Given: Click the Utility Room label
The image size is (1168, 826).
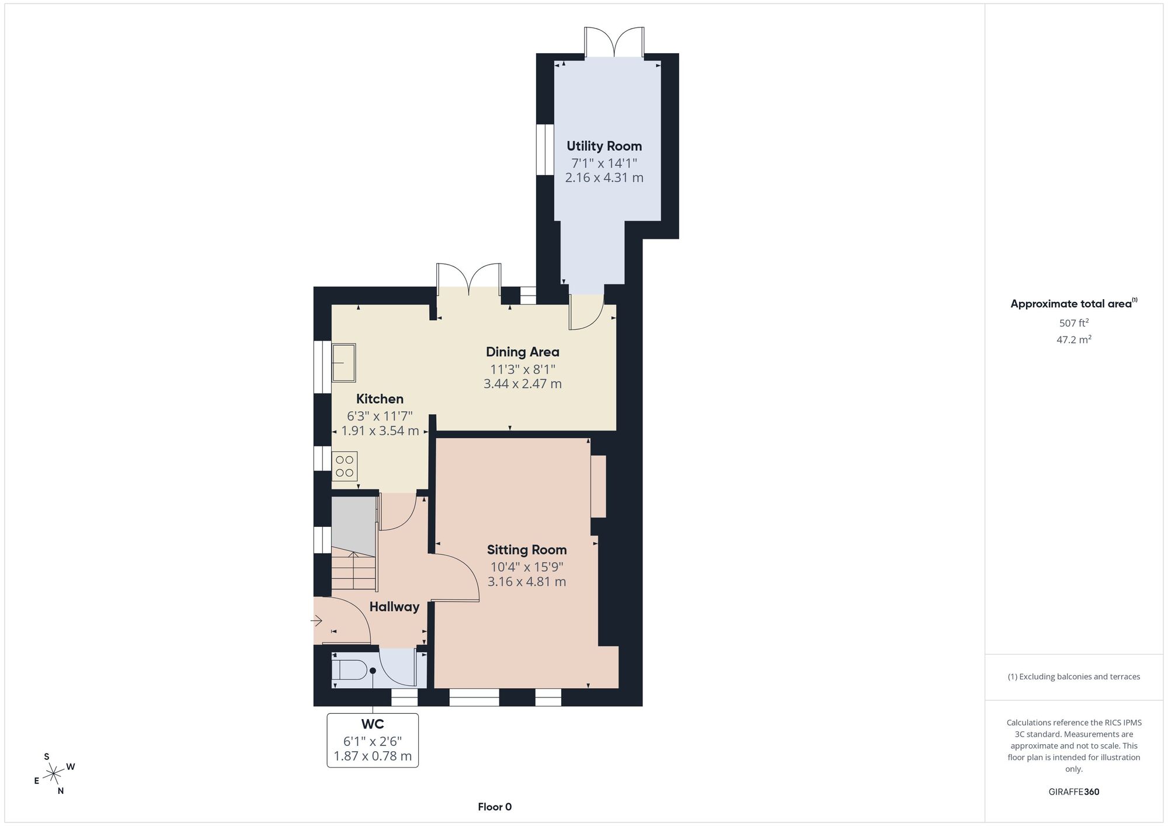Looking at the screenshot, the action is (604, 146).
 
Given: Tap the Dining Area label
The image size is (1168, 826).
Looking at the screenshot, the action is (523, 352).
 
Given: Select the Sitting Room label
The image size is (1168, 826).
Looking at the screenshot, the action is (527, 550).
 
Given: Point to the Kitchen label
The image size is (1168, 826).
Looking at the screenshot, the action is (380, 399).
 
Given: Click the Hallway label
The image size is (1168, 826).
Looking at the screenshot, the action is (394, 607).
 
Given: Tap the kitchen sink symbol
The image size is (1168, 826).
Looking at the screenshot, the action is (344, 363).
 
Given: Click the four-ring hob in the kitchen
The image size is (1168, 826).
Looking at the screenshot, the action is (345, 466).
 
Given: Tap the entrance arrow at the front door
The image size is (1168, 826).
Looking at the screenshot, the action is (317, 620).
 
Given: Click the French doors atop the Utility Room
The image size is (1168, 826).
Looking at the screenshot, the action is (614, 42).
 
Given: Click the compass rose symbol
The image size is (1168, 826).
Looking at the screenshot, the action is (54, 774).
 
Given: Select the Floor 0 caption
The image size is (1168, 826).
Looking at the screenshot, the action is (495, 807).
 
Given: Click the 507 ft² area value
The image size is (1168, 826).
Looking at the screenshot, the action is (1074, 322).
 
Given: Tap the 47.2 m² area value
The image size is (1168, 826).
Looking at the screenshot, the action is (1074, 339).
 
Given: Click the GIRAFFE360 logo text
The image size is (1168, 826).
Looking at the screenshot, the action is (1074, 792).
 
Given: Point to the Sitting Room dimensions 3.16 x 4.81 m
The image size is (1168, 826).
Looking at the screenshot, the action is (527, 582).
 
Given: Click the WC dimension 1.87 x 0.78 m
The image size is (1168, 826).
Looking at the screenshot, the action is (373, 756).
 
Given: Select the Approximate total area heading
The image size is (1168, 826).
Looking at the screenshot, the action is (1074, 303).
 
